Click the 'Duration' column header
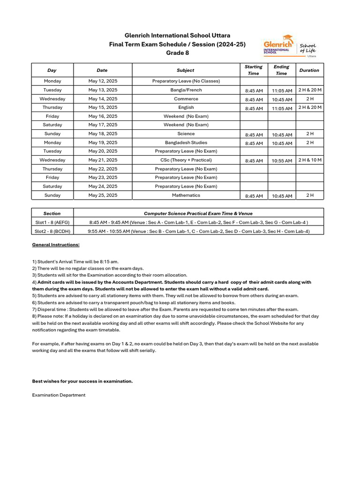coord(309,70)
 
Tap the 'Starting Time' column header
coord(253,70)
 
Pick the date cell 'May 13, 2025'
coord(103,90)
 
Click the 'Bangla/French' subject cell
coord(186,90)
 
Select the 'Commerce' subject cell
coord(186,99)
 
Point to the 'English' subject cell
coord(186,107)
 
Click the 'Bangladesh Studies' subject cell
coord(186,142)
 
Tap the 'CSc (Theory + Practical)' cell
coord(186,160)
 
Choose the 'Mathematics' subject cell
coord(186,195)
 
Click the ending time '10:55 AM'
coord(282,161)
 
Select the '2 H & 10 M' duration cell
coord(310,160)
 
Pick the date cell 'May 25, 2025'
coord(103,195)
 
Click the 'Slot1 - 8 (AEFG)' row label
coord(52,222)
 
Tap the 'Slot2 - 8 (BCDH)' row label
coord(52,231)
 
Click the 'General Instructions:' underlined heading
coord(56,245)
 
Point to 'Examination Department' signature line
coord(59,395)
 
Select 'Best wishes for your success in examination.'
coord(82,381)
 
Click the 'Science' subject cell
coord(186,134)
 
